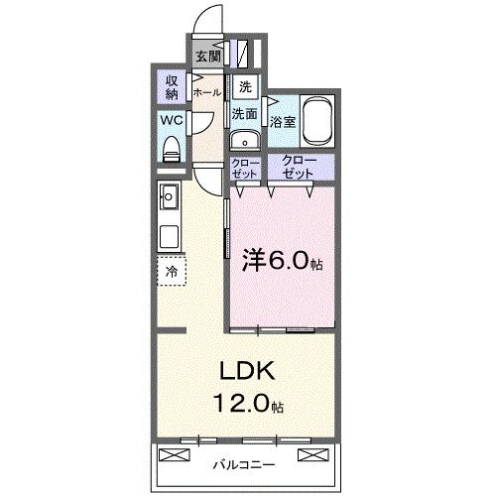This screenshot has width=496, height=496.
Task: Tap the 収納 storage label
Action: (172, 88)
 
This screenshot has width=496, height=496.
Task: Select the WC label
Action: (170, 123)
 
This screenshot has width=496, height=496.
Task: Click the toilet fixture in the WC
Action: (171, 149)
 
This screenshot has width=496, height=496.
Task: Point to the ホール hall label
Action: (206, 92)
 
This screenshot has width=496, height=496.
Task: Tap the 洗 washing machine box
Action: (245, 86)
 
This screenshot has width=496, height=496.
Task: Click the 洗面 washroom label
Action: (245, 114)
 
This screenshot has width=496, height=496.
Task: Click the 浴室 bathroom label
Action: (282, 122)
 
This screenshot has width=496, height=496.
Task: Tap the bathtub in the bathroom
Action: (317, 122)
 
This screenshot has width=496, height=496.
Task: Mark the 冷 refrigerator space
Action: (172, 271)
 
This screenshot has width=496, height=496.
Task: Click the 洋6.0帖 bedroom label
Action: (283, 264)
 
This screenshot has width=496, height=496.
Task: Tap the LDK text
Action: (244, 374)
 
